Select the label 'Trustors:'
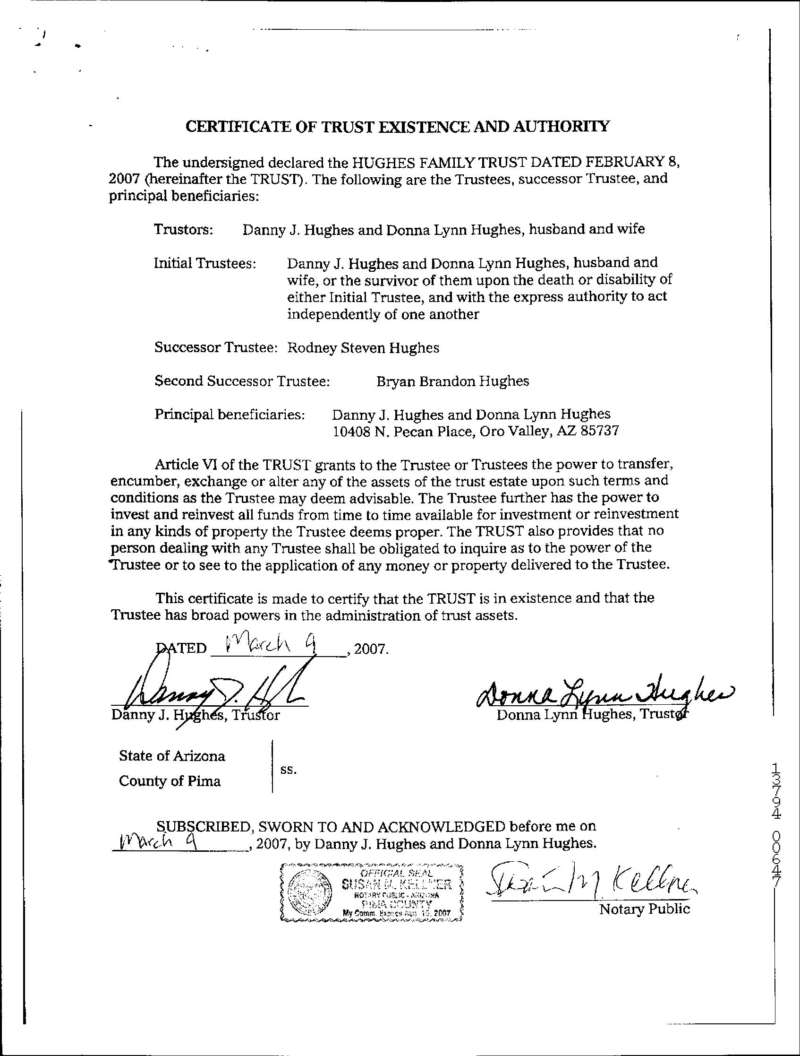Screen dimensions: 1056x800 click(x=183, y=230)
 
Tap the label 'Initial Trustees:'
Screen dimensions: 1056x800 click(x=205, y=263)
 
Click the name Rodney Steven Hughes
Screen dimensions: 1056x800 click(x=363, y=348)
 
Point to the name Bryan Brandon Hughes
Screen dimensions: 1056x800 click(x=453, y=381)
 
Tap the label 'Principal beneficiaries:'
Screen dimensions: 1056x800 click(x=230, y=415)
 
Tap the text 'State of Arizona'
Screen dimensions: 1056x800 click(x=172, y=756)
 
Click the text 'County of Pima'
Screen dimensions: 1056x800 click(x=170, y=781)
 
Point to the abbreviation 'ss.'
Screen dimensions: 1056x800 click(x=289, y=769)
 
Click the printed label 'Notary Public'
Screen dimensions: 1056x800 click(x=644, y=909)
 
